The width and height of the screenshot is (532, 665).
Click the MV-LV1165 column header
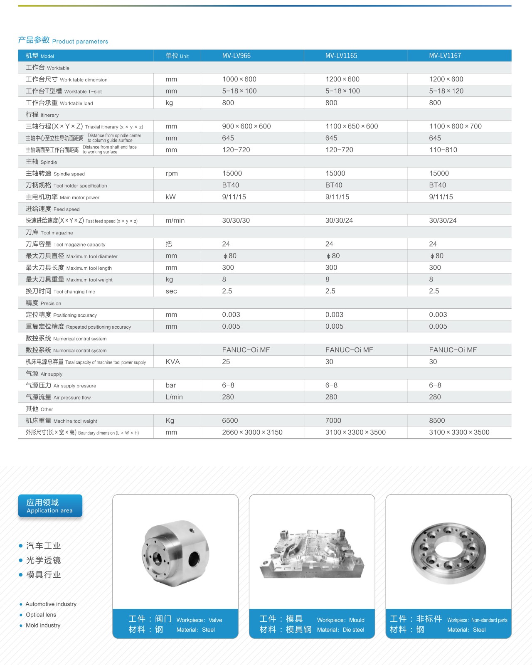click(x=341, y=56)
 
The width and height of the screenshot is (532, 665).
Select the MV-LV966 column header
click(x=236, y=56)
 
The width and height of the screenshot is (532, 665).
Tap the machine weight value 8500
click(x=437, y=421)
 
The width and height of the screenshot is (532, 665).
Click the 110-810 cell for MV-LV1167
click(x=443, y=150)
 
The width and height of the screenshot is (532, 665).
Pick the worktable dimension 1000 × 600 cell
click(x=239, y=79)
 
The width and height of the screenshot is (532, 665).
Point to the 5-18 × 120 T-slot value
click(x=446, y=91)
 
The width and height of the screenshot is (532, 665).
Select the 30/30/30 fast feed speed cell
click(x=236, y=220)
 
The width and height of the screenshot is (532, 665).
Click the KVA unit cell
click(x=172, y=362)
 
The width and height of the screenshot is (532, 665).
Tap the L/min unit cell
click(x=174, y=397)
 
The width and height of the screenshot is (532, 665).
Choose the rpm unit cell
click(x=171, y=173)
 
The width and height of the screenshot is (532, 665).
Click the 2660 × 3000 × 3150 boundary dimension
click(x=252, y=432)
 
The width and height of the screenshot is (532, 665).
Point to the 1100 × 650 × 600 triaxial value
click(x=352, y=126)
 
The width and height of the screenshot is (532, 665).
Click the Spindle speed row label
click(x=55, y=174)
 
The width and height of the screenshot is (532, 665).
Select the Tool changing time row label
click(x=60, y=291)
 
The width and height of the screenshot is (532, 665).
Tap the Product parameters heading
click(x=63, y=41)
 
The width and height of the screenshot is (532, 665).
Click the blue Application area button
click(x=50, y=506)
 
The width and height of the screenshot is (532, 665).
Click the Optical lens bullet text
click(x=41, y=615)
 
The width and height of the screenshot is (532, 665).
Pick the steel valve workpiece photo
click(x=175, y=553)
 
